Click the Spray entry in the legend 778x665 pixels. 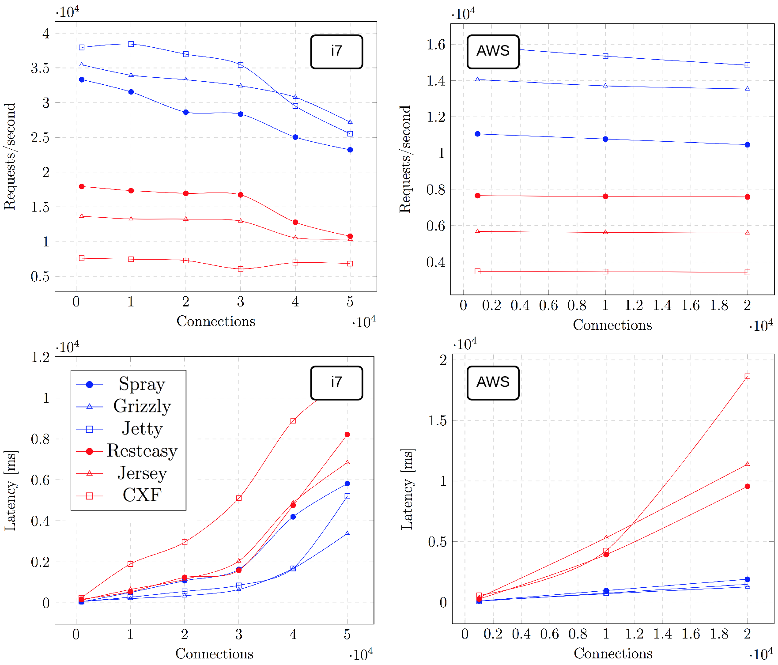141,384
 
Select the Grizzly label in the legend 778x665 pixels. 142,406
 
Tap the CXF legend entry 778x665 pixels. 142,495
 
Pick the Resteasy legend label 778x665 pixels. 142,451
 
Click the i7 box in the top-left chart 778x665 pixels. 336,52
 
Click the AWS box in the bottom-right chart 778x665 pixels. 493,383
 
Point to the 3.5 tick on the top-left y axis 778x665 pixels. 40,68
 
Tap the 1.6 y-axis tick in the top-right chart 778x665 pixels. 436,45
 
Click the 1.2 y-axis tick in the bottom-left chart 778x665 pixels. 40,357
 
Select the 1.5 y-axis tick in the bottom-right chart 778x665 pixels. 438,420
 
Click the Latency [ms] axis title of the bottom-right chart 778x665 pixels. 407,489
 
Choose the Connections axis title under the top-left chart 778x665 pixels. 215,321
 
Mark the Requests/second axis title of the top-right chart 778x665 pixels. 405,159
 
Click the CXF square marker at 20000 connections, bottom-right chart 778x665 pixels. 748,376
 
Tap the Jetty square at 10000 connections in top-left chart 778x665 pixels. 131,44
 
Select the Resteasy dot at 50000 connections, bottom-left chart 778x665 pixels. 347,435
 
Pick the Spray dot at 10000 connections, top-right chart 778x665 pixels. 605,139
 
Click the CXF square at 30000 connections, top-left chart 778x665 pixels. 241,268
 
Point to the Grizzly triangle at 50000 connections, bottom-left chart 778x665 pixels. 347,533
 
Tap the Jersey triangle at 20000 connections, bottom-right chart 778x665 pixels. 748,464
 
